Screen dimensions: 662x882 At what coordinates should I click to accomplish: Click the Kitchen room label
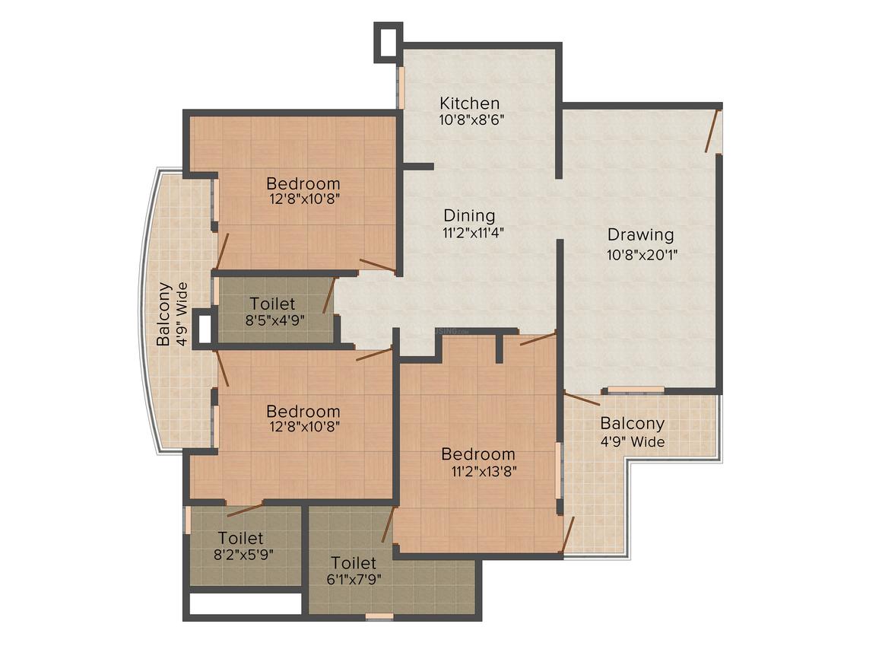click(470, 103)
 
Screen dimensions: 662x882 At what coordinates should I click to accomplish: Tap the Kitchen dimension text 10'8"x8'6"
click(471, 119)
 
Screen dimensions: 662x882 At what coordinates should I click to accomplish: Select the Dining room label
click(469, 215)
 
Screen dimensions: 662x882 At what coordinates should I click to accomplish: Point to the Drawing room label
click(640, 234)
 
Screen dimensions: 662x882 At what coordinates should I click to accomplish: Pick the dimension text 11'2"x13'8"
click(484, 471)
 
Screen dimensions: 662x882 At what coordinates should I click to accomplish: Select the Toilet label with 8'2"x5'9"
click(240, 538)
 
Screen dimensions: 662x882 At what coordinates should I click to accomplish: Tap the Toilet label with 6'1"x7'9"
click(353, 563)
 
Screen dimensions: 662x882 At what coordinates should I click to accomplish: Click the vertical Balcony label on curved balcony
click(163, 314)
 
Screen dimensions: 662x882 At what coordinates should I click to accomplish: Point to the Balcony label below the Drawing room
click(632, 423)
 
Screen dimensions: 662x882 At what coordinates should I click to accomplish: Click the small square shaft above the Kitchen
click(387, 41)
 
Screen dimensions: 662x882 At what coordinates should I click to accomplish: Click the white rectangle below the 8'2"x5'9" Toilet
click(245, 604)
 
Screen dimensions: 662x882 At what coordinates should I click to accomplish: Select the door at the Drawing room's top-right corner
click(712, 130)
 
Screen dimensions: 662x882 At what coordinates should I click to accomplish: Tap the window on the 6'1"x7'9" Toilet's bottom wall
click(379, 616)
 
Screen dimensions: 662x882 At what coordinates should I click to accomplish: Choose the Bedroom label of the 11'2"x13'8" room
click(478, 454)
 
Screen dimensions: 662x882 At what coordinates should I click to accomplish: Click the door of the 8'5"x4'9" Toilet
click(328, 295)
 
